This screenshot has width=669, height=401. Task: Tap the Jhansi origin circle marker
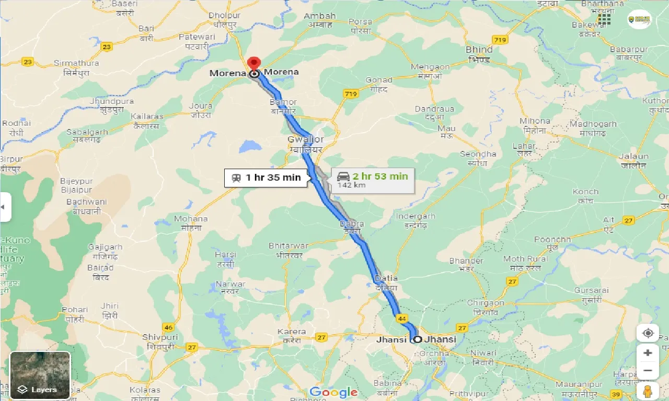(418, 339)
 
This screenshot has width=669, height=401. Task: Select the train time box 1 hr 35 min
(266, 178)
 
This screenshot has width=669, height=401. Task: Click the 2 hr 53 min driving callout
(373, 180)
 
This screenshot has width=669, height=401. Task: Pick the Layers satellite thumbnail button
(40, 375)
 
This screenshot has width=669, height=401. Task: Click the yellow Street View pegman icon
(648, 391)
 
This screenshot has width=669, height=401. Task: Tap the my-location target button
(648, 333)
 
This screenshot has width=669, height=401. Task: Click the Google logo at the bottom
(333, 392)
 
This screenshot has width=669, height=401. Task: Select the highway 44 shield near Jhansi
(402, 318)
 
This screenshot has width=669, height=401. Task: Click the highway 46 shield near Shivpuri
(168, 327)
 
